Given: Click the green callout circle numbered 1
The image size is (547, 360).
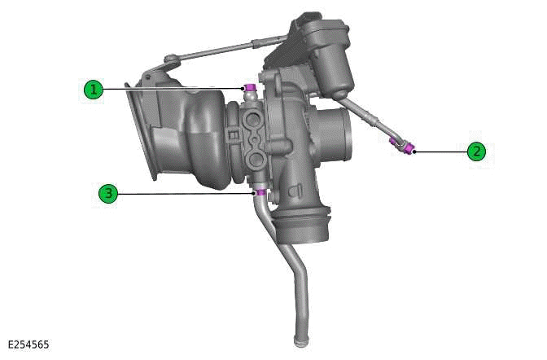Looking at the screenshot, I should [94, 89].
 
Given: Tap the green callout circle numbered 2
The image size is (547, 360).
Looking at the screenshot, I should [476, 151].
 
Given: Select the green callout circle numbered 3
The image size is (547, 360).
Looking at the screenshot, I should [108, 193].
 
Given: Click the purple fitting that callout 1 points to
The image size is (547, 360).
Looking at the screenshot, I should [250, 88].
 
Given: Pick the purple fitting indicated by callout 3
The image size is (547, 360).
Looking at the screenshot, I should [259, 193].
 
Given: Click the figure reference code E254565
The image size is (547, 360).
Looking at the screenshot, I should [29, 345].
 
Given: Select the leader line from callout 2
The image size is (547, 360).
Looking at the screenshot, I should [440, 151].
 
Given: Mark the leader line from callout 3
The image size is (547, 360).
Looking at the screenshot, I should [183, 193].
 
